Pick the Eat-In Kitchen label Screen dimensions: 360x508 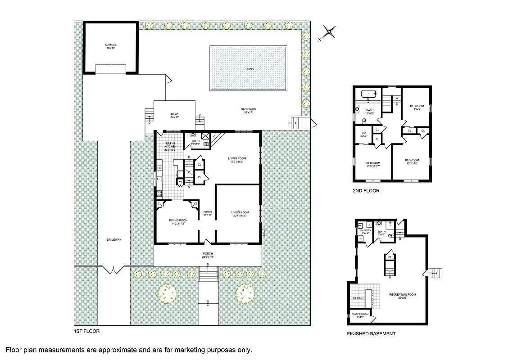[170, 147]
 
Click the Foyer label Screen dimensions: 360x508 [207, 213]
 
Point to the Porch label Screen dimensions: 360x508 [208, 255]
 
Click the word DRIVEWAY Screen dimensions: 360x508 [114, 239]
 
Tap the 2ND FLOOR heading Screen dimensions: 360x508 [366, 191]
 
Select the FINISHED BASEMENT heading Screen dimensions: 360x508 [371, 333]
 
